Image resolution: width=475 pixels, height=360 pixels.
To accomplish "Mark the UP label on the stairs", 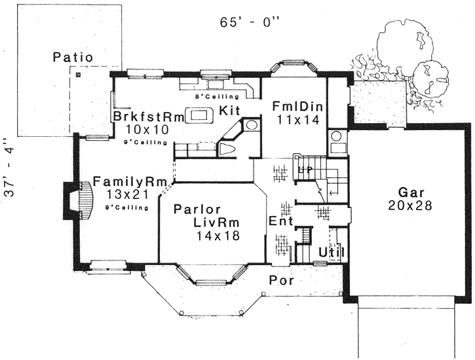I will pos(305,169).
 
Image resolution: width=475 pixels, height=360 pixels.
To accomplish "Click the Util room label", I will pos(331,252).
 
